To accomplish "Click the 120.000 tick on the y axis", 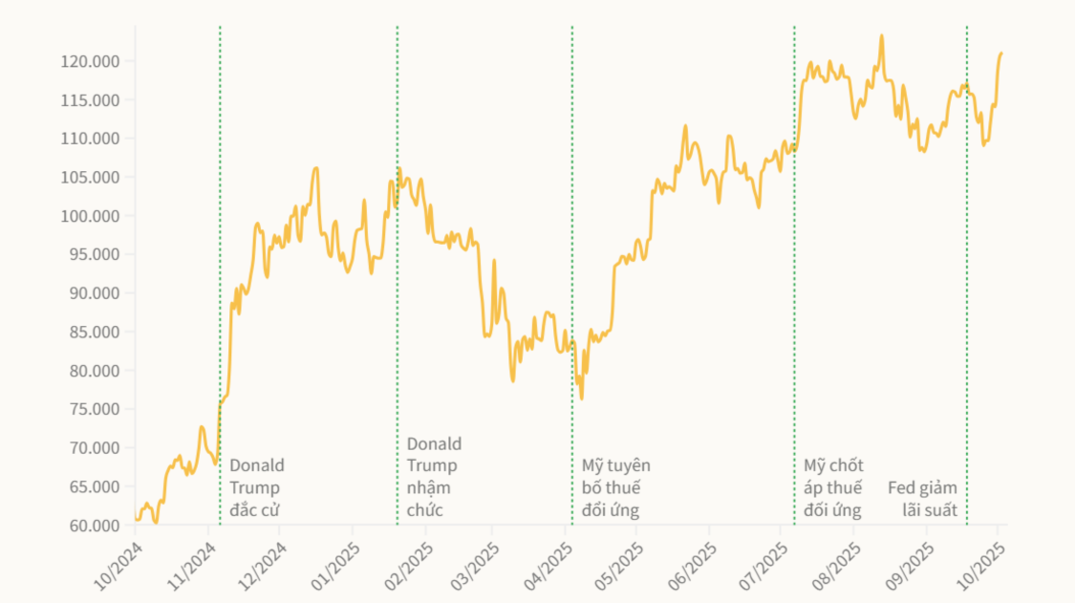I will point(94,62).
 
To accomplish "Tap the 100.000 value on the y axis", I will point(94,216).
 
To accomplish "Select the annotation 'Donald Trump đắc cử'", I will point(256,487).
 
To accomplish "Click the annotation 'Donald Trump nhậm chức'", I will point(434,476).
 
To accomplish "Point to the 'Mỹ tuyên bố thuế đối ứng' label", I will point(615,487).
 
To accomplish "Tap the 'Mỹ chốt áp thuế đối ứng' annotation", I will point(833,487).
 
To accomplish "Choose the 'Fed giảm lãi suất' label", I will point(923,499).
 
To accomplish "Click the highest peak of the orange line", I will point(881,36).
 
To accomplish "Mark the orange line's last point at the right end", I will point(1001,54).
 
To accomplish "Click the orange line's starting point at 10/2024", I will point(136,519).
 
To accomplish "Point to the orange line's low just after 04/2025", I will point(581,398).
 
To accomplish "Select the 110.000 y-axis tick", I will point(94,139).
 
